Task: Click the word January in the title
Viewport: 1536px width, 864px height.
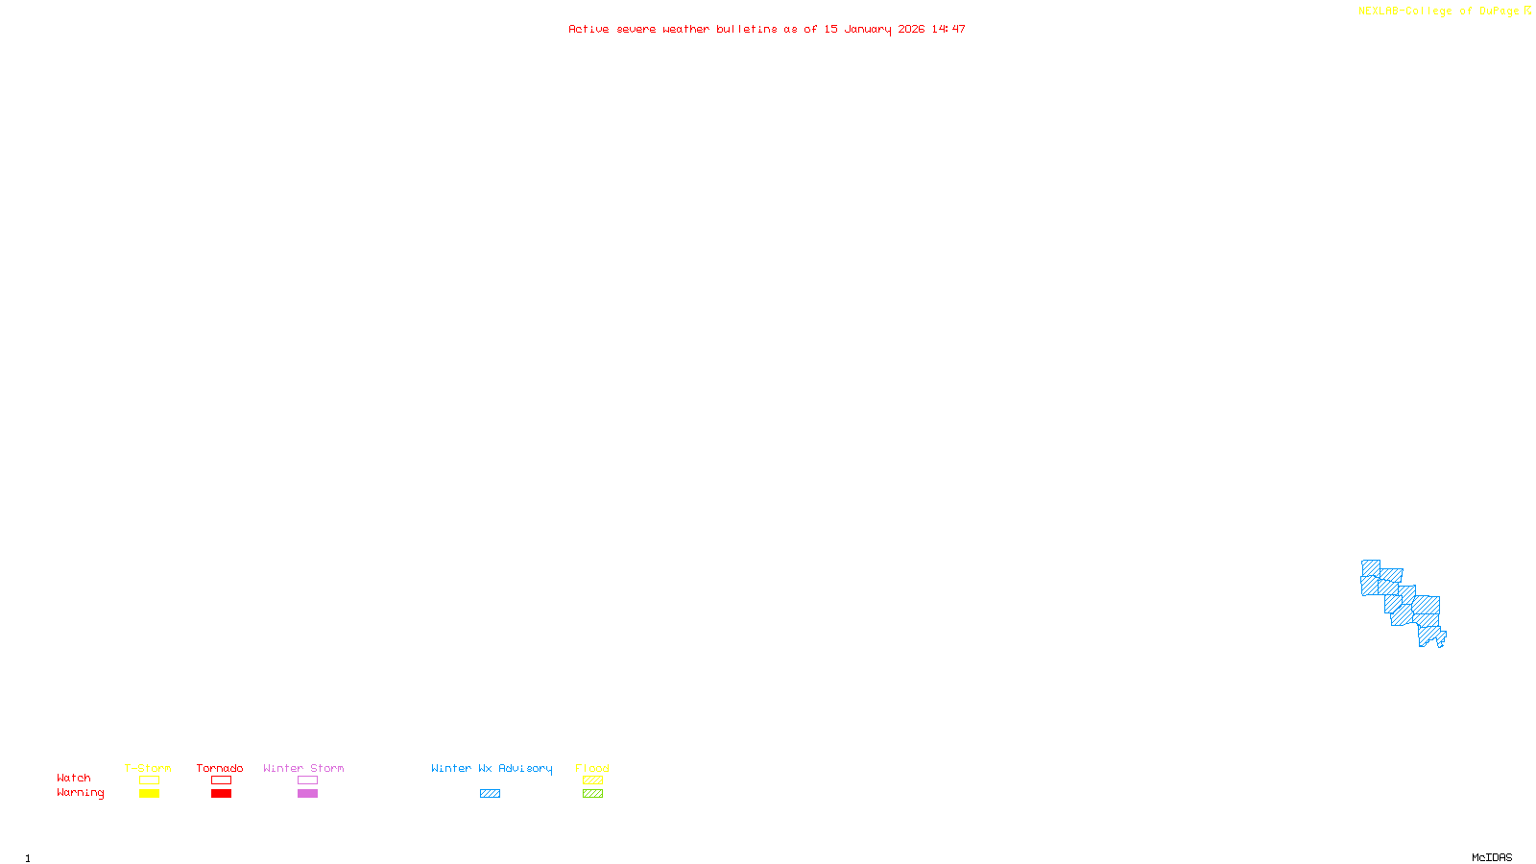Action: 868,29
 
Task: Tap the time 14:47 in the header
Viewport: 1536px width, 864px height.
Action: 948,29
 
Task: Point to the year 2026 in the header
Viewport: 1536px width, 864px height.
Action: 911,29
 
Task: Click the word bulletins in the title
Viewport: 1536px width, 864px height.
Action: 747,29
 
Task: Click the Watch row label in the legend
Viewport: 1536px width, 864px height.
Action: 74,778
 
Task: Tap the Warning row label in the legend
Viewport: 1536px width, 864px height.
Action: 80,793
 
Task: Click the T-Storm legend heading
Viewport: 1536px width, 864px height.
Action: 148,768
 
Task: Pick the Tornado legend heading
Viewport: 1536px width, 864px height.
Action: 220,768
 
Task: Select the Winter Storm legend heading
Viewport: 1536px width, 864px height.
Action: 303,768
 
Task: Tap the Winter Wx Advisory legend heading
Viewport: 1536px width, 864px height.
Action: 492,768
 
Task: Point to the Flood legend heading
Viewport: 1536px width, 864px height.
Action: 592,768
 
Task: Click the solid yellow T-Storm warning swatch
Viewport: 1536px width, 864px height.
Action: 149,794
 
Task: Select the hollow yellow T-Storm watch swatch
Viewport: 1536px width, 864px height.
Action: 149,780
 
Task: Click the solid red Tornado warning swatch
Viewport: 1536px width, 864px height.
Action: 222,794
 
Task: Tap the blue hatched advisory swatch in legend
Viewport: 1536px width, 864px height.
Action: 490,794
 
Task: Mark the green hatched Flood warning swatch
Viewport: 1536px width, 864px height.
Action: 593,794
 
